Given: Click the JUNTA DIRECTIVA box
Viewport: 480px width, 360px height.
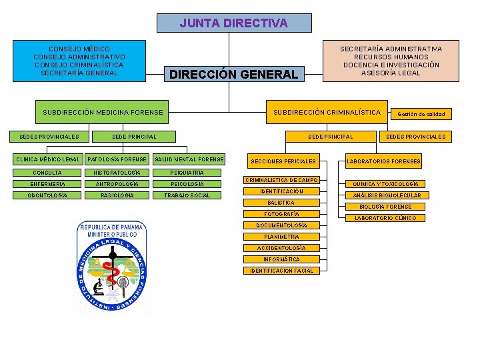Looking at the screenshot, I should coord(234,23).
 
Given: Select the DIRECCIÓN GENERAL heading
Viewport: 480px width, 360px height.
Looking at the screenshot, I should coord(233,75).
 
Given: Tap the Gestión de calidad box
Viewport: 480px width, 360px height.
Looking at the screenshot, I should coord(421,114).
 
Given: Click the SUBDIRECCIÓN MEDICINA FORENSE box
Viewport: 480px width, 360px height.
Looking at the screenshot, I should coord(103,112).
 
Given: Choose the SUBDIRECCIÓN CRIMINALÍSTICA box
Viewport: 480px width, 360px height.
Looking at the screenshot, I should coord(327,112).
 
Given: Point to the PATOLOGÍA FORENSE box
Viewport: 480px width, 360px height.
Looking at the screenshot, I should coord(117,159).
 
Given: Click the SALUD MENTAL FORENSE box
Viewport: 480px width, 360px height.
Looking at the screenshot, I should coord(189,159).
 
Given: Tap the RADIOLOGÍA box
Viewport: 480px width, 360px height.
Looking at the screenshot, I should coord(117,195).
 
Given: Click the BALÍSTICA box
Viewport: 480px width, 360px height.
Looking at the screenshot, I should coord(281,203).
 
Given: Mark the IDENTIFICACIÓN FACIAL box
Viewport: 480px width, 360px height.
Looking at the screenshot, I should coord(281,271).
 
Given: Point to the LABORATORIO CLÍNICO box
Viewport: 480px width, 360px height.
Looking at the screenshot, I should coord(385,218).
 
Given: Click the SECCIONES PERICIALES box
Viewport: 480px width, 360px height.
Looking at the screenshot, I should coord(283,161).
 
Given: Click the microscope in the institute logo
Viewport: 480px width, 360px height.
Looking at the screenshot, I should coord(98,288).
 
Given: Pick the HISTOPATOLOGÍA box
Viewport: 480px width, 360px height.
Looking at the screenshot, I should coord(117,173).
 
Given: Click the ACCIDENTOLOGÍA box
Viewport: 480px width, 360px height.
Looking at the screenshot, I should coord(281,248).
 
